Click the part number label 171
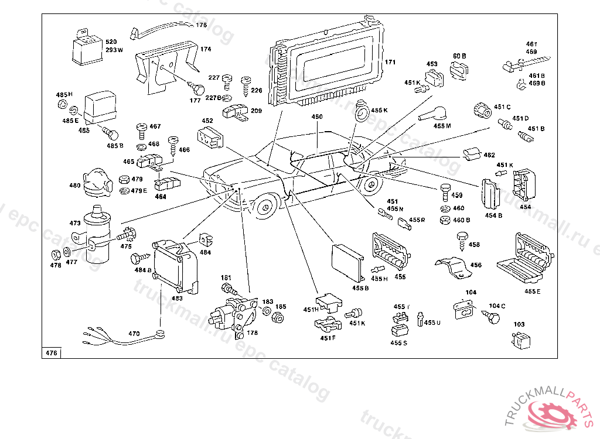click(390, 62)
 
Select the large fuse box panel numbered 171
click(328, 67)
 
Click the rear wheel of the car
click(369, 187)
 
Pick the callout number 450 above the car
click(317, 117)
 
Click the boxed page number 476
click(51, 353)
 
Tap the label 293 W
click(114, 50)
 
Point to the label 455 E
click(533, 291)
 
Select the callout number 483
click(177, 298)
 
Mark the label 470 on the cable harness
click(134, 334)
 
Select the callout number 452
click(207, 121)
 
